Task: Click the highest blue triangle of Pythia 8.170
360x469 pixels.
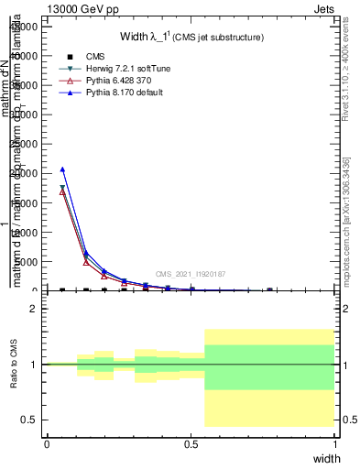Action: click(62, 169)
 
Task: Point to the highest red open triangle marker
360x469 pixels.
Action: click(62, 192)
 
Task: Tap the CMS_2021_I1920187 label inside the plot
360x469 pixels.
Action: click(190, 274)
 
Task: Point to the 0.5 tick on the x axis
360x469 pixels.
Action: click(191, 443)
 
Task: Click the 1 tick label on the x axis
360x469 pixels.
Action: click(335, 443)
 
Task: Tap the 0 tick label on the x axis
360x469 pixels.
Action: click(47, 443)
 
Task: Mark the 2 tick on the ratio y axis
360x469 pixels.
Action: click(34, 309)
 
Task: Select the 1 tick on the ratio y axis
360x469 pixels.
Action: click(34, 365)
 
